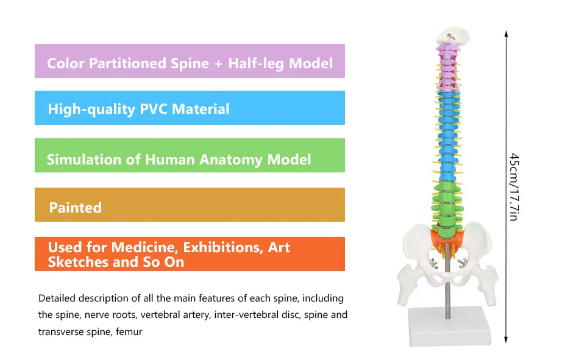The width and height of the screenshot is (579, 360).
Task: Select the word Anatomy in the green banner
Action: tap(229, 160)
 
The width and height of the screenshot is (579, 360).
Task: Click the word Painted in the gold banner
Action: tap(75, 208)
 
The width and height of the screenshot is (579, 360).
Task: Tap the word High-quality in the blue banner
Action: tap(91, 110)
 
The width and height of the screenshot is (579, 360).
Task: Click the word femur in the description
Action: tap(130, 332)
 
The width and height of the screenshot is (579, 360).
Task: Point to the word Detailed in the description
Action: tap(57, 298)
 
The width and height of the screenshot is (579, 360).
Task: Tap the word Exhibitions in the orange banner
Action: tap(223, 247)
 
